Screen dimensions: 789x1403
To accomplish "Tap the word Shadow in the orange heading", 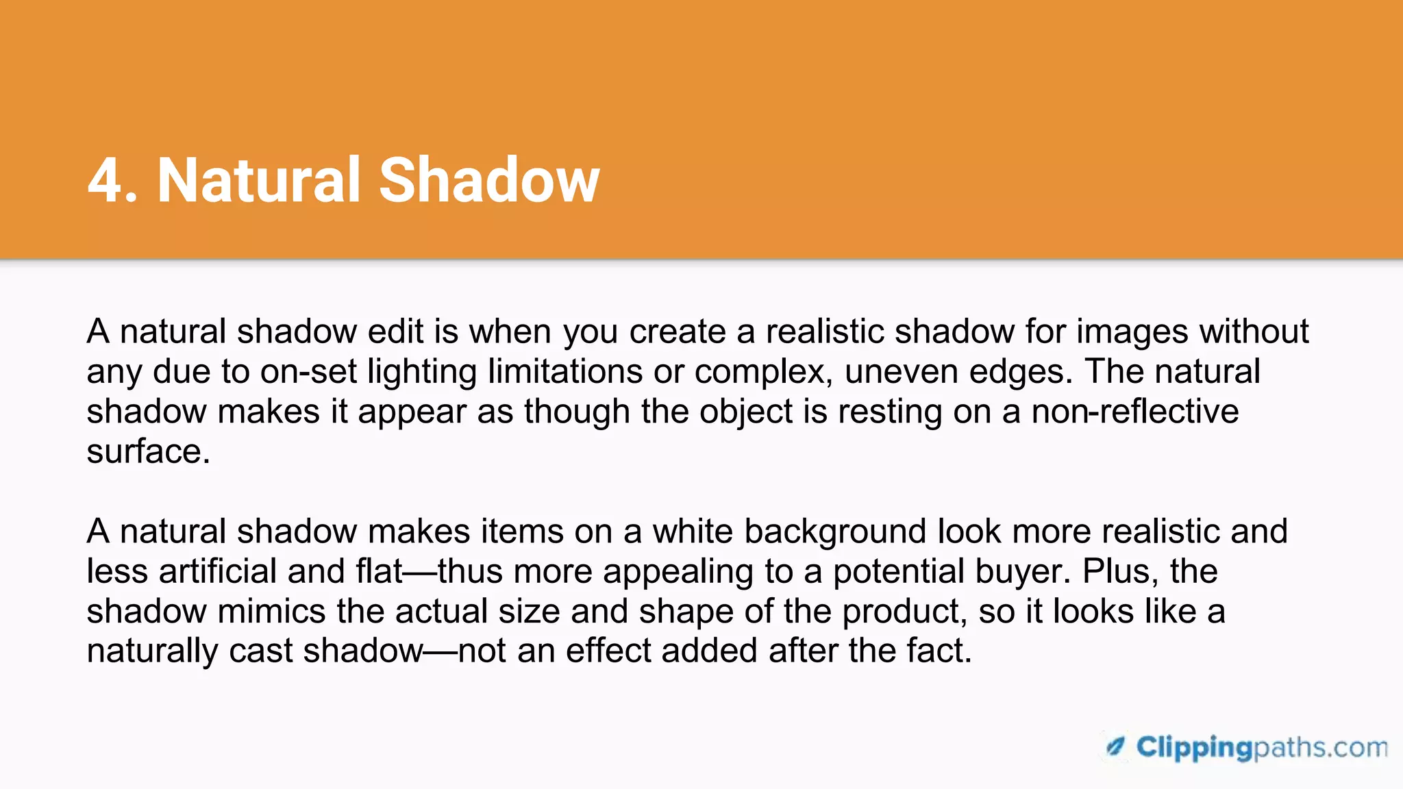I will coord(489,180).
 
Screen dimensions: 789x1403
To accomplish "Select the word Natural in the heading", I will coord(258,180).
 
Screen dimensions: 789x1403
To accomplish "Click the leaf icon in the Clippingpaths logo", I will coord(1115,747).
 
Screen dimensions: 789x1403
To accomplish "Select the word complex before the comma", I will coord(758,372).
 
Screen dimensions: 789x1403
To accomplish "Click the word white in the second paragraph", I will coord(692,531).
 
